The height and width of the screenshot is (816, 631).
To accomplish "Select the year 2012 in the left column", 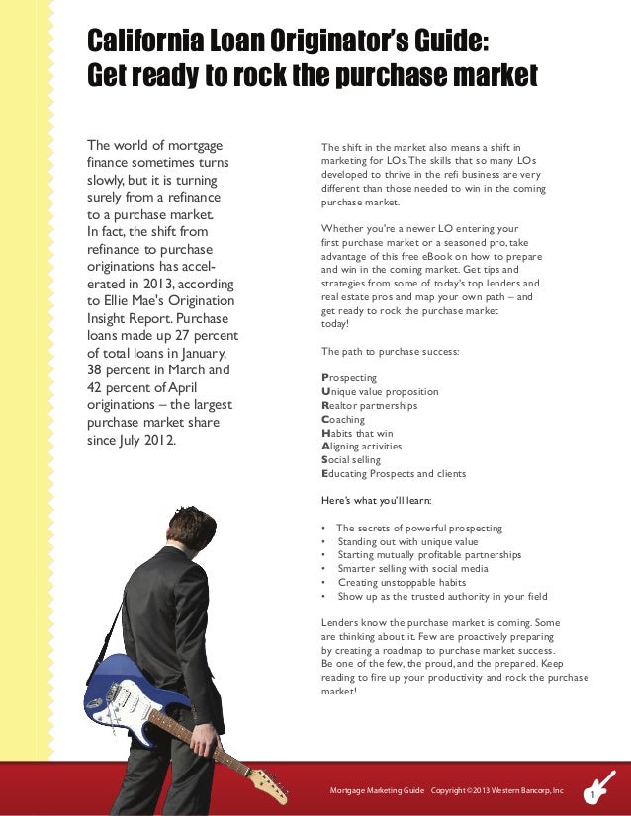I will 157,440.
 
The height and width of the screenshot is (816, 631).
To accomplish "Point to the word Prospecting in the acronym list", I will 349,377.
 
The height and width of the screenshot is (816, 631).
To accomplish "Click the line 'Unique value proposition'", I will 381,391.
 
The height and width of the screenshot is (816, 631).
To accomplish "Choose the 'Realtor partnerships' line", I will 370,405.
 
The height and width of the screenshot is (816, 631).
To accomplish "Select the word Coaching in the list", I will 343,419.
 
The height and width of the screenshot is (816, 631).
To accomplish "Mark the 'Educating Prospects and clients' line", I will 394,474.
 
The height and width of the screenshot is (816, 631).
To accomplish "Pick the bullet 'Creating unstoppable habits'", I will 401,583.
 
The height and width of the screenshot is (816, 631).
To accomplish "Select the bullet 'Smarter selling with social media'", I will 412,569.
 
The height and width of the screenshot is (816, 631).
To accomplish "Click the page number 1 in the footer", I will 591,796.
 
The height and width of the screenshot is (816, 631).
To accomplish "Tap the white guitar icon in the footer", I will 601,784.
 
